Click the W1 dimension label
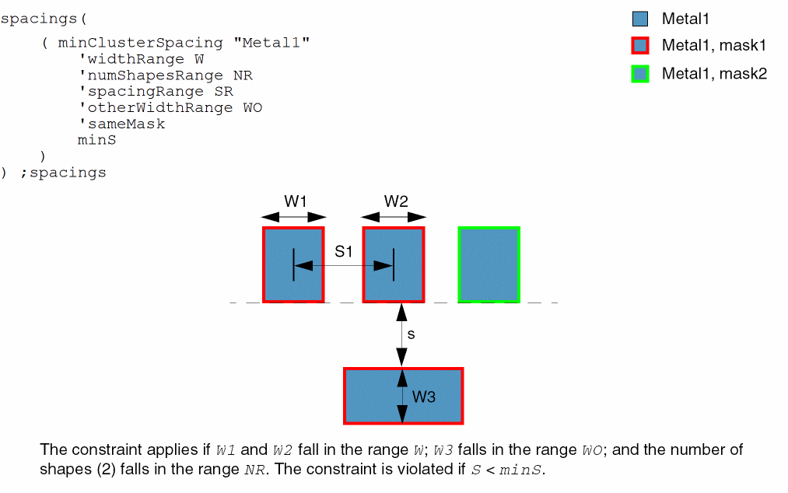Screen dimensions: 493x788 (x=295, y=201)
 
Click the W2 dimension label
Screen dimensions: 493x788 (x=395, y=201)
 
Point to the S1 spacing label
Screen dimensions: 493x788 (x=344, y=252)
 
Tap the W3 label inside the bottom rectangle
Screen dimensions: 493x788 (x=423, y=397)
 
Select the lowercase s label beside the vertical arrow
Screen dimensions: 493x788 (x=411, y=334)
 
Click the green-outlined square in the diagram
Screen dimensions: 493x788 (x=489, y=264)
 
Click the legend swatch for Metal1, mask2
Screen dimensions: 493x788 (x=640, y=74)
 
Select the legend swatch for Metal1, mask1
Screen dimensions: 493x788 (x=640, y=46)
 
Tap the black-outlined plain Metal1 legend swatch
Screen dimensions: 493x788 (x=640, y=19)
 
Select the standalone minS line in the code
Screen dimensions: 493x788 (x=96, y=140)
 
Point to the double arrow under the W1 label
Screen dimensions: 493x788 (x=294, y=218)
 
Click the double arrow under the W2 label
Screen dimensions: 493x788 (x=394, y=218)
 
